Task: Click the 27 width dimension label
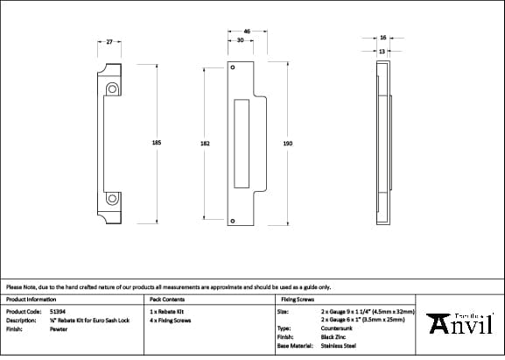(x=109, y=42)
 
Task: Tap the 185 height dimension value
(x=157, y=144)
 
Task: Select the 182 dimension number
(x=205, y=144)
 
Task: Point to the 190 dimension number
(x=287, y=144)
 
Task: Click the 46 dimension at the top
(x=247, y=32)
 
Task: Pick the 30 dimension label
(x=240, y=40)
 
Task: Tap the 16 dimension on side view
(x=383, y=38)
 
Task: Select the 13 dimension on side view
(x=382, y=51)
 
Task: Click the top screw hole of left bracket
(x=112, y=89)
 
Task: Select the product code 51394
(x=57, y=311)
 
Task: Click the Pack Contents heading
(x=168, y=300)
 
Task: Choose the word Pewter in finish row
(x=58, y=329)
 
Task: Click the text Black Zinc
(x=335, y=338)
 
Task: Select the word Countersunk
(x=338, y=329)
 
